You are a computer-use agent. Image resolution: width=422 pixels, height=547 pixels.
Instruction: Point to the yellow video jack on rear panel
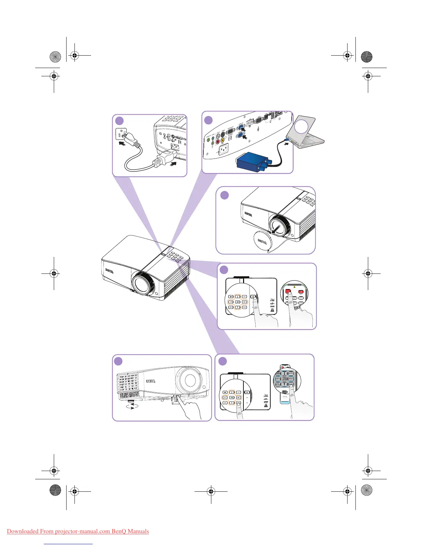223,140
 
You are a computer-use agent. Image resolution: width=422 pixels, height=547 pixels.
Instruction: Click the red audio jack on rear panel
218,141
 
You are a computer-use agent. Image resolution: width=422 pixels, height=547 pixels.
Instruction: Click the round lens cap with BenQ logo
261,241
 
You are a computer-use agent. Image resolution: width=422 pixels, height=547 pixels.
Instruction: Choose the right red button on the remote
301,292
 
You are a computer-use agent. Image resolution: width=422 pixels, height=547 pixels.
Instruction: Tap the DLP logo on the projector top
272,300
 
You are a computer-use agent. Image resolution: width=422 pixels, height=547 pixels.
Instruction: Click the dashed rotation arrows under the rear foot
132,406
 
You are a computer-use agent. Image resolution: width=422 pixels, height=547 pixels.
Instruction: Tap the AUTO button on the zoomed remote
291,373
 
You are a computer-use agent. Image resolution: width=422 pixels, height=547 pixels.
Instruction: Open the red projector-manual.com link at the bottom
78,531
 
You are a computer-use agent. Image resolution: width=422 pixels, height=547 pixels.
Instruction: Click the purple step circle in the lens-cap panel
224,195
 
